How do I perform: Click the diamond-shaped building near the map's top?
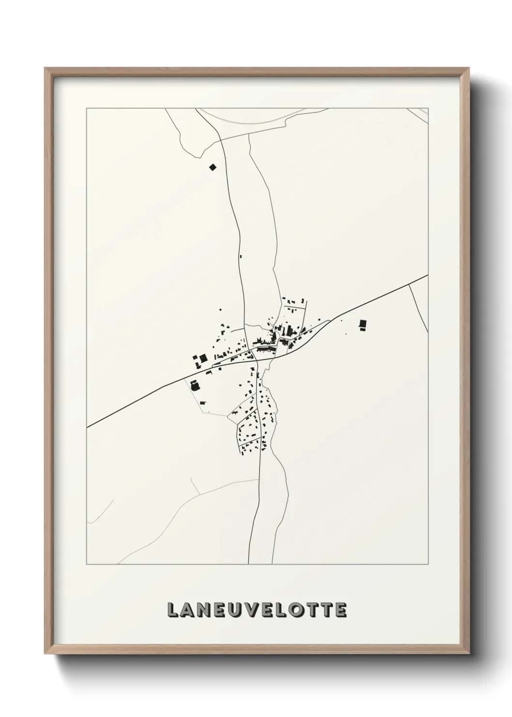(x=211, y=167)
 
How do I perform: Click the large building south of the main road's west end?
(x=195, y=386)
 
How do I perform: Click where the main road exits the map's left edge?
(x=87, y=427)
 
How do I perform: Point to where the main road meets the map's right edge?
(x=428, y=275)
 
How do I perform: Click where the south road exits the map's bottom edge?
(x=249, y=564)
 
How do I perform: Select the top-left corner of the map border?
(x=87, y=108)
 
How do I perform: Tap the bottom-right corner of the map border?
(x=428, y=564)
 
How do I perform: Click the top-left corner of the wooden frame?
(x=45, y=68)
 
